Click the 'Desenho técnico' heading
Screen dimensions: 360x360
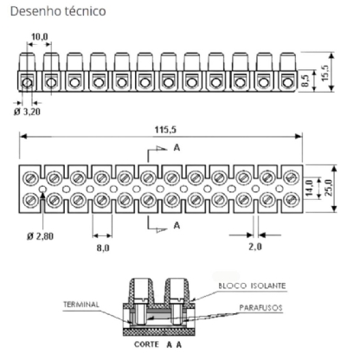pyautogui.click(x=58, y=11)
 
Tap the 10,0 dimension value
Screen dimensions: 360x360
pyautogui.click(x=40, y=37)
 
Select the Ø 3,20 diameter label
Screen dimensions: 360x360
pyautogui.click(x=27, y=112)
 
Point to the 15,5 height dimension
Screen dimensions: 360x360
pyautogui.click(x=325, y=73)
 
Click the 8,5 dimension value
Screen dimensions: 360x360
pyautogui.click(x=305, y=80)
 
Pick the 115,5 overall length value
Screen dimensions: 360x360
pyautogui.click(x=165, y=130)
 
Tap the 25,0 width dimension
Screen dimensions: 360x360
pyautogui.click(x=328, y=188)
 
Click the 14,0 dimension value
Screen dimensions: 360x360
pyautogui.click(x=310, y=188)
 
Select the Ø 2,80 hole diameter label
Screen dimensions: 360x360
pyautogui.click(x=40, y=236)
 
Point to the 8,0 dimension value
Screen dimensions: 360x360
pyautogui.click(x=103, y=247)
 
